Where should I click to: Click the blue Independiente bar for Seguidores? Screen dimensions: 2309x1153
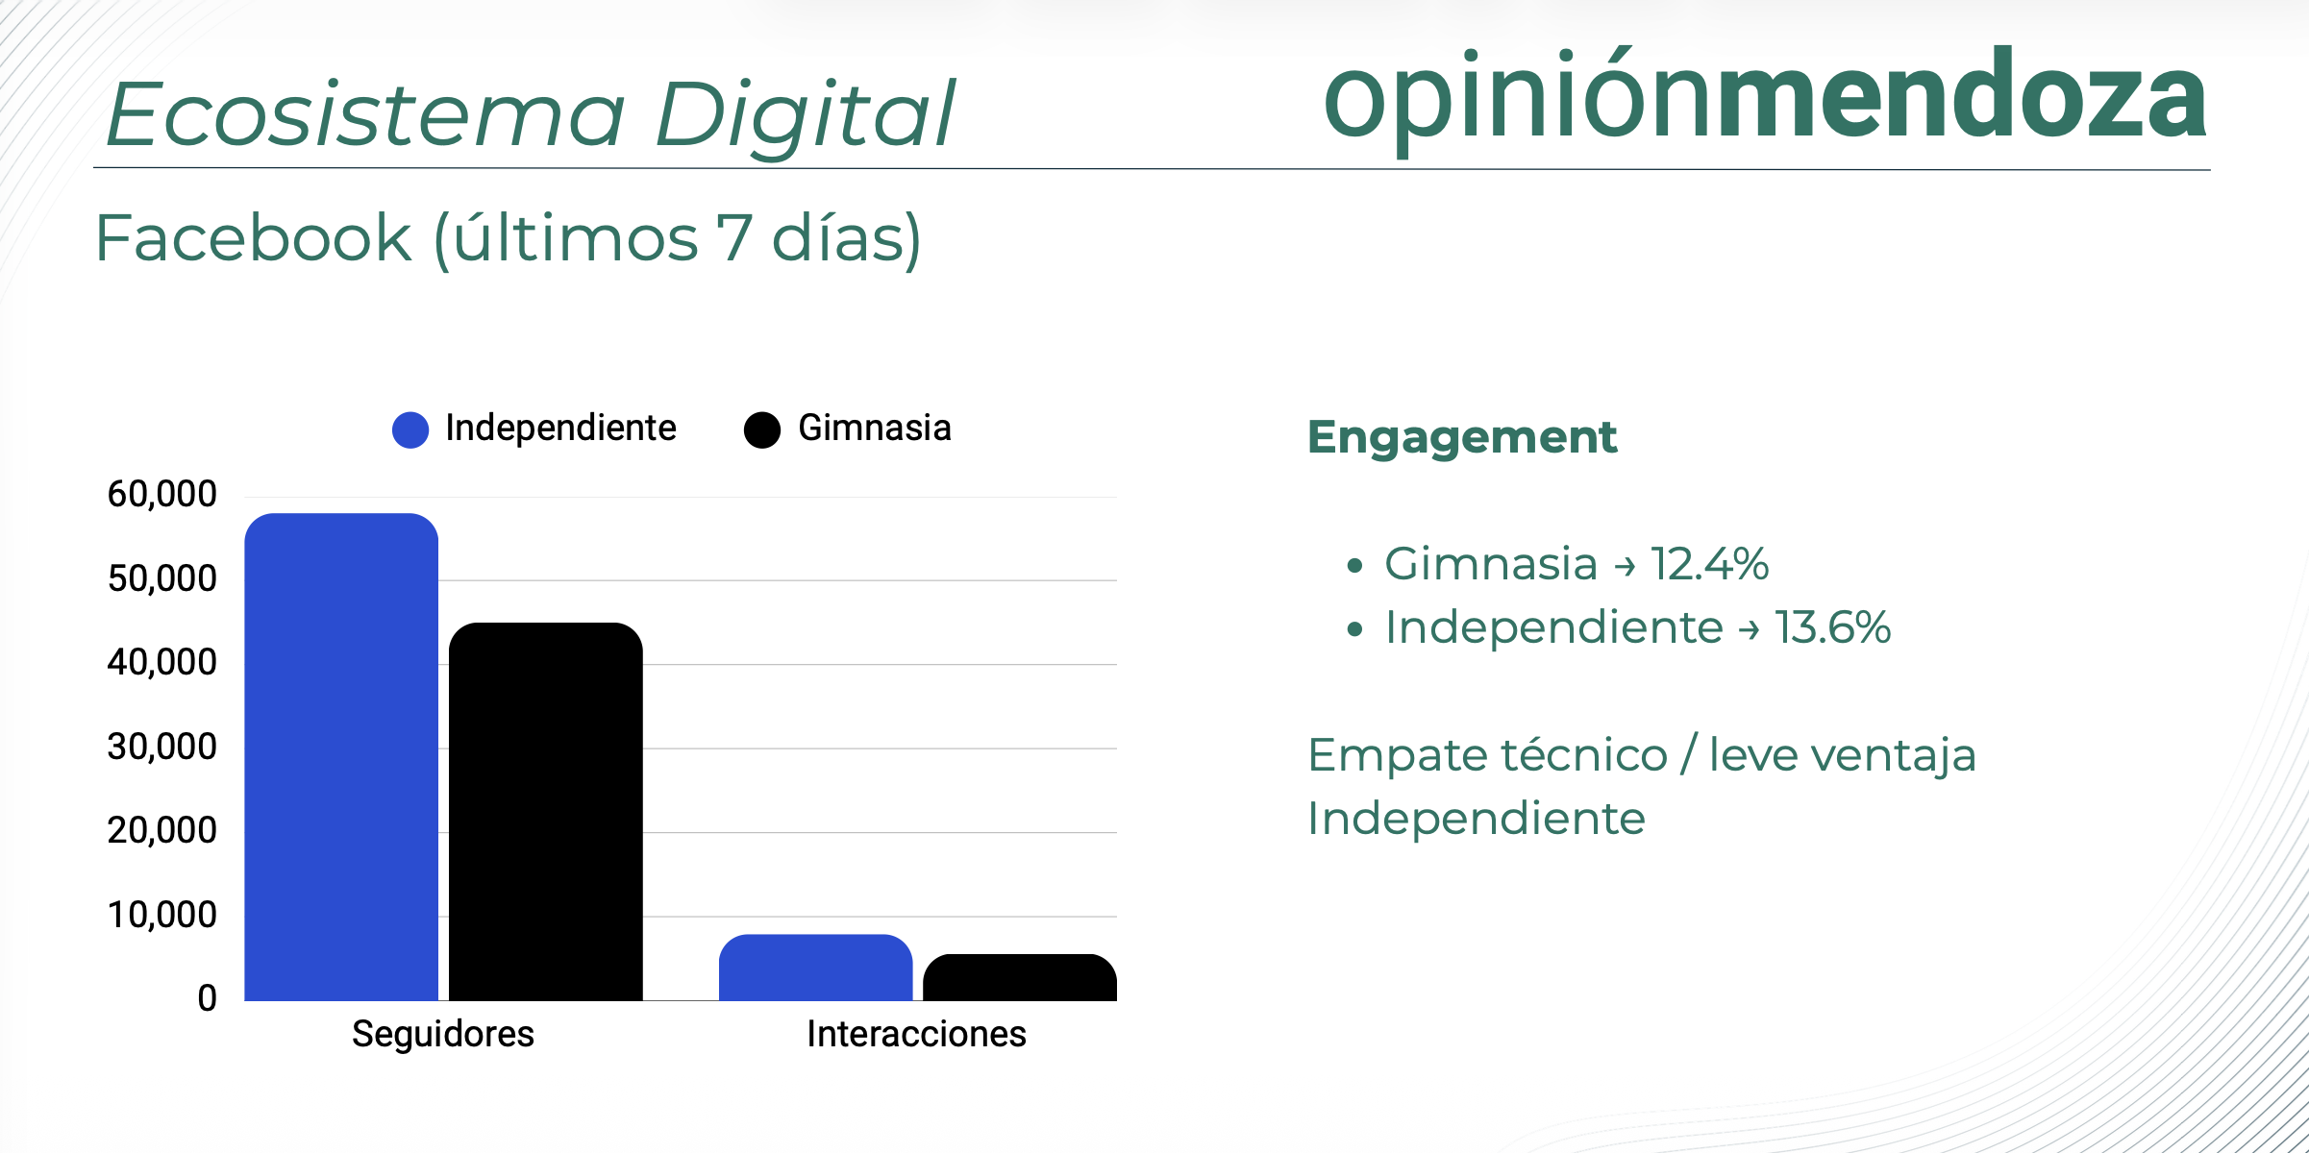pos(341,757)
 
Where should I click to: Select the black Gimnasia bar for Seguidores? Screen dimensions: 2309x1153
pos(546,812)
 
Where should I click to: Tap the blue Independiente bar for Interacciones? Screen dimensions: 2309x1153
pos(816,968)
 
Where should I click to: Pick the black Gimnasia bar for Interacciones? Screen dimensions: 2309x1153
pos(1020,977)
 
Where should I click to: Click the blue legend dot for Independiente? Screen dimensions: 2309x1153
pos(410,429)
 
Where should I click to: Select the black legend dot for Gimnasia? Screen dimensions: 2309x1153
pos(762,429)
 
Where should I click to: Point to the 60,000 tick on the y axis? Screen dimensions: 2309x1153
pos(162,494)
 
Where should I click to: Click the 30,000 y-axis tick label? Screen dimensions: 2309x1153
pos(162,747)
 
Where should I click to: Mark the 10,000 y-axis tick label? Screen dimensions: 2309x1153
pos(162,915)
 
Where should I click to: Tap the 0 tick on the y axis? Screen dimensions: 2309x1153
pos(208,998)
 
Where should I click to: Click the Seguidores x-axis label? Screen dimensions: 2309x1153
pos(443,1034)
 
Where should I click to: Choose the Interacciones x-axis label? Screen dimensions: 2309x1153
pos(917,1034)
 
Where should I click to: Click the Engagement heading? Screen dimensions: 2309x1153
pos(1462,438)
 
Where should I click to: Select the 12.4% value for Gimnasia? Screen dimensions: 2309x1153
pos(1710,563)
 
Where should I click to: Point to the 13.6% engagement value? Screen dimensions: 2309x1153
pos(1833,627)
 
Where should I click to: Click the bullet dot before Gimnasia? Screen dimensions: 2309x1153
pos(1355,566)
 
